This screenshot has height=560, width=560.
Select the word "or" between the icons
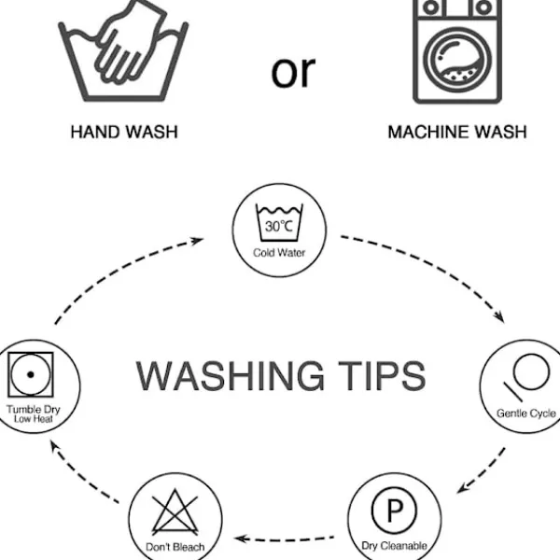tap(293, 71)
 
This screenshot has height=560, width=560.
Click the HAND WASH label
tap(123, 133)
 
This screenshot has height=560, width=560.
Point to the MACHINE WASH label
tap(456, 133)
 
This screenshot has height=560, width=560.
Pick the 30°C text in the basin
tap(279, 227)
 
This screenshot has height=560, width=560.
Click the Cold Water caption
tap(279, 252)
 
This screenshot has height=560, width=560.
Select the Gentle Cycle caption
tap(525, 413)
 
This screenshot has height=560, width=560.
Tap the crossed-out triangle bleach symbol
tap(175, 514)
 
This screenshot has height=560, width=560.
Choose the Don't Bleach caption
tap(175, 546)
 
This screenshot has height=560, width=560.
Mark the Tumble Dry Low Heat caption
tap(31, 414)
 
